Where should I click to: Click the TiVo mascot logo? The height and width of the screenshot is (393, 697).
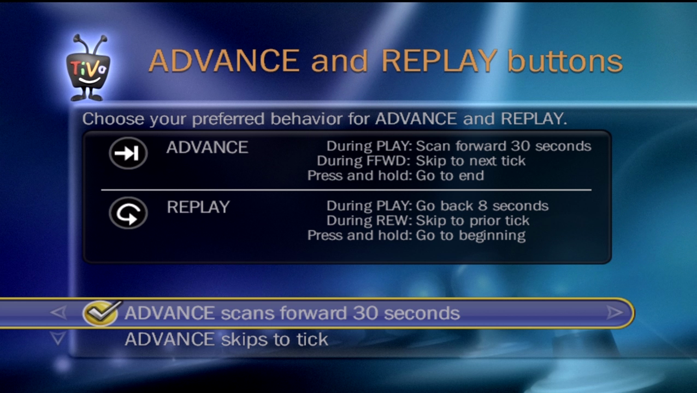(87, 70)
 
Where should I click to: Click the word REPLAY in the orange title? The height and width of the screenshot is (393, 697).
(439, 61)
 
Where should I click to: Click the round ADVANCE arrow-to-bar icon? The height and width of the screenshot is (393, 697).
(128, 153)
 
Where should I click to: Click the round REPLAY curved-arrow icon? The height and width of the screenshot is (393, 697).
(128, 213)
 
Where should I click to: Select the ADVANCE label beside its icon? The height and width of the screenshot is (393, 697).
(207, 147)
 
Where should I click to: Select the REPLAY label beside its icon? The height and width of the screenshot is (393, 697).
(198, 207)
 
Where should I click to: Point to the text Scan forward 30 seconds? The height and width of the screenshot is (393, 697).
(504, 146)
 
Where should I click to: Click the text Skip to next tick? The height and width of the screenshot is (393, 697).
(470, 161)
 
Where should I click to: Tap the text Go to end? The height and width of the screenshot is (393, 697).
(450, 176)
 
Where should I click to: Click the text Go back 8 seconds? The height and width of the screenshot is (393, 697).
(482, 206)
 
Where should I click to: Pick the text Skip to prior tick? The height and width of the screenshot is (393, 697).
(472, 221)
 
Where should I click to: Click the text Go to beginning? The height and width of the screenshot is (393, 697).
(470, 236)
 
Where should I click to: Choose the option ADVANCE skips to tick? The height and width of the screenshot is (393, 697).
(226, 340)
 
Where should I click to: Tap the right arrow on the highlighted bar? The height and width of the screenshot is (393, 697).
(614, 313)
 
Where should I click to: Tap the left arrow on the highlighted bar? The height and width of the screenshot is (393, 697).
(58, 313)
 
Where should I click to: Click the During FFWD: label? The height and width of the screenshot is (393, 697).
(364, 161)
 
